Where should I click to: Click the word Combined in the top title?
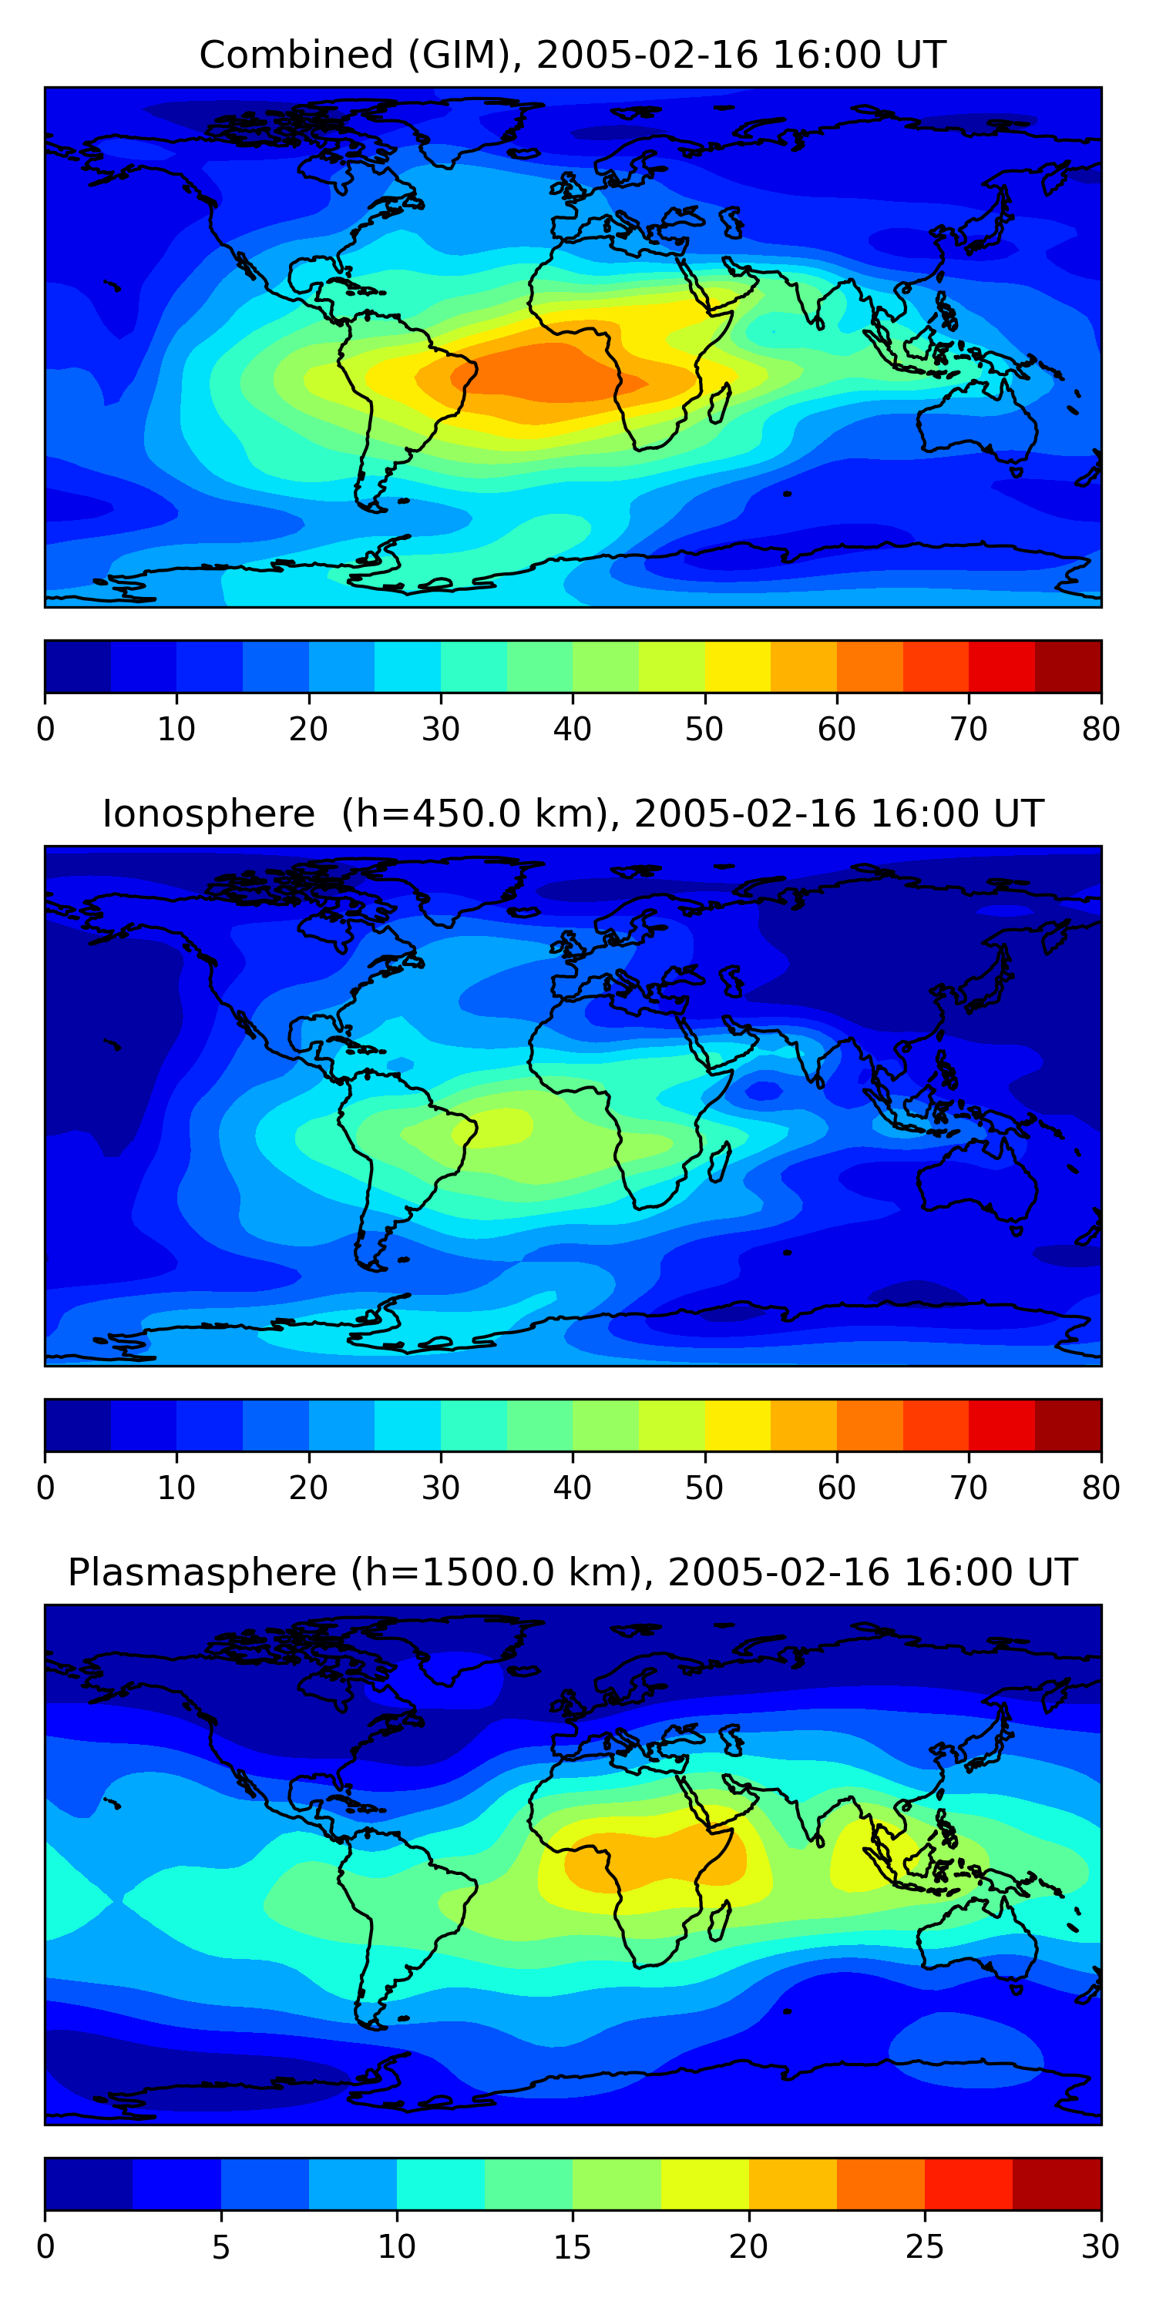pos(295,55)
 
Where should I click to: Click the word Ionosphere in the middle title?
pos(208,813)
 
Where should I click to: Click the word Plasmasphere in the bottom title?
pos(201,1573)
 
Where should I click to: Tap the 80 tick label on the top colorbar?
pos(1101,730)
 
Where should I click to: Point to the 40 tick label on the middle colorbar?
pos(572,1488)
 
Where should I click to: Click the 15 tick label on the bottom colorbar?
pos(572,2247)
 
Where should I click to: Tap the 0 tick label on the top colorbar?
pos(45,730)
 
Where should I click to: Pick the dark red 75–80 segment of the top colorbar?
pos(1068,666)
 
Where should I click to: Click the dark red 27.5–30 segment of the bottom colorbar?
pos(1057,2185)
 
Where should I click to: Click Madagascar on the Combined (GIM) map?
pos(719,403)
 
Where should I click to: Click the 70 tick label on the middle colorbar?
pos(969,1488)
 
